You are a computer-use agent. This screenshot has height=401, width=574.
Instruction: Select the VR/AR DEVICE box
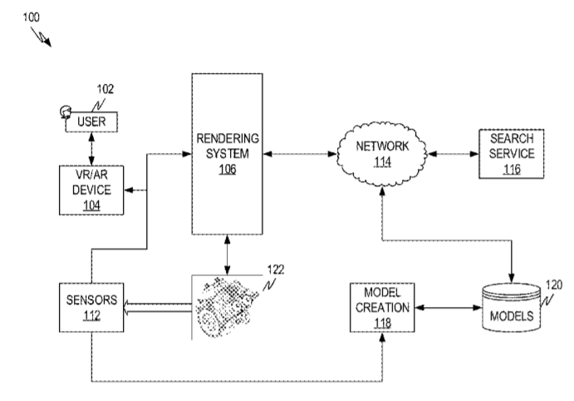(x=91, y=191)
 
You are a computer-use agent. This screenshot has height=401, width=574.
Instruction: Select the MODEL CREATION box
(x=380, y=304)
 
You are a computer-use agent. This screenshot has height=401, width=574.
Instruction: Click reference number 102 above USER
(x=105, y=89)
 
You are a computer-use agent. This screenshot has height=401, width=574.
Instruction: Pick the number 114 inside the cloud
(x=382, y=162)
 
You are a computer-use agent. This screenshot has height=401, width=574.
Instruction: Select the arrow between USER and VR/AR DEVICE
(x=91, y=149)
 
